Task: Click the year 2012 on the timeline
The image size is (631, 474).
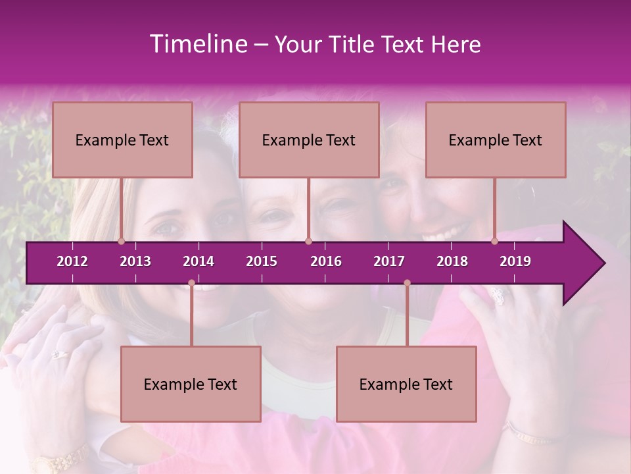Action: pyautogui.click(x=72, y=261)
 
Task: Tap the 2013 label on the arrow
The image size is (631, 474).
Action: pyautogui.click(x=135, y=261)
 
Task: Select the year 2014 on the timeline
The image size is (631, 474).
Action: pyautogui.click(x=199, y=261)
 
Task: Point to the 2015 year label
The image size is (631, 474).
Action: pyautogui.click(x=262, y=261)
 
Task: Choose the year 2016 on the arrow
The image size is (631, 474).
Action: pyautogui.click(x=326, y=261)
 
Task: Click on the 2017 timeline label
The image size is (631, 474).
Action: pyautogui.click(x=389, y=261)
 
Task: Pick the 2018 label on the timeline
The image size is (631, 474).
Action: pyautogui.click(x=452, y=261)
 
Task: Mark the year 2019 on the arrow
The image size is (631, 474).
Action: pyautogui.click(x=515, y=261)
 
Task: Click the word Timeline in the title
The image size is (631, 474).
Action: pyautogui.click(x=198, y=44)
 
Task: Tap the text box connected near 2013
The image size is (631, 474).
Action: pyautogui.click(x=122, y=140)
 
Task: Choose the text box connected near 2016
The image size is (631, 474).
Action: pyautogui.click(x=309, y=140)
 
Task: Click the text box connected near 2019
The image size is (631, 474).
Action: pyautogui.click(x=496, y=140)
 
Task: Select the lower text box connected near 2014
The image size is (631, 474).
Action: pyautogui.click(x=191, y=384)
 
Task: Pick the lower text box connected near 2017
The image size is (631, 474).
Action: pyautogui.click(x=406, y=384)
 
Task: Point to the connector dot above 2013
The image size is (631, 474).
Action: pyautogui.click(x=122, y=242)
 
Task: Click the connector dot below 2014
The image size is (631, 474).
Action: pyautogui.click(x=191, y=283)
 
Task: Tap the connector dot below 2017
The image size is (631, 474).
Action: pyautogui.click(x=407, y=283)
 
